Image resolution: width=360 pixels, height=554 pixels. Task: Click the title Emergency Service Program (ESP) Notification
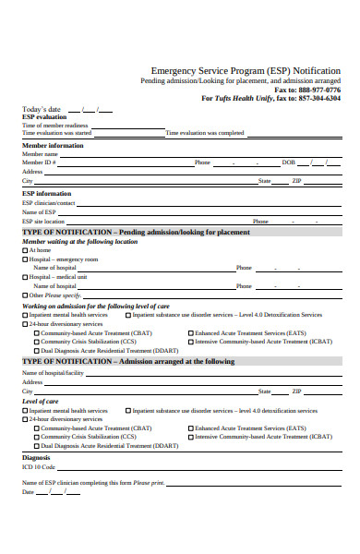[245, 70]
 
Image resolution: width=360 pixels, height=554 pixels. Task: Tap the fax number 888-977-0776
[318, 90]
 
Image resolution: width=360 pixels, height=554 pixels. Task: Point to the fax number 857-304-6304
[318, 98]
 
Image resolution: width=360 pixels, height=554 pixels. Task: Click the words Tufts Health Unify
[242, 98]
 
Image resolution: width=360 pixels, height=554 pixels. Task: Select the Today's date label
[42, 110]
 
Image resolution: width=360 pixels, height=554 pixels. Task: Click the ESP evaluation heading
[44, 117]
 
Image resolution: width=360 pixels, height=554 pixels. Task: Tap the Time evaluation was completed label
[205, 133]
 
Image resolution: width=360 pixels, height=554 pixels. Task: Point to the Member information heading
[53, 145]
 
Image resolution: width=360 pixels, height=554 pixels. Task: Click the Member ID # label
[40, 162]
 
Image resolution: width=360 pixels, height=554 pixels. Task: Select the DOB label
[288, 162]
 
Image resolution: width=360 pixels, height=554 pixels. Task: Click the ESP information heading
[46, 193]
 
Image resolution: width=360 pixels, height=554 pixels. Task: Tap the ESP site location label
[43, 222]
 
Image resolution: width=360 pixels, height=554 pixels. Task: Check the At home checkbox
[25, 250]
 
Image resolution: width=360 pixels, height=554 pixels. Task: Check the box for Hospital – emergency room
[25, 259]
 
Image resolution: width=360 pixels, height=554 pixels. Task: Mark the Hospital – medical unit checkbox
[25, 277]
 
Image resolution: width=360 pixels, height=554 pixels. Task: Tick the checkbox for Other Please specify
[25, 295]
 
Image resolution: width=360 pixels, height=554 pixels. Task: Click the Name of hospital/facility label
[52, 372]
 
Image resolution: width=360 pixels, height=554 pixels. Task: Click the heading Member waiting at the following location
[79, 241]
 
